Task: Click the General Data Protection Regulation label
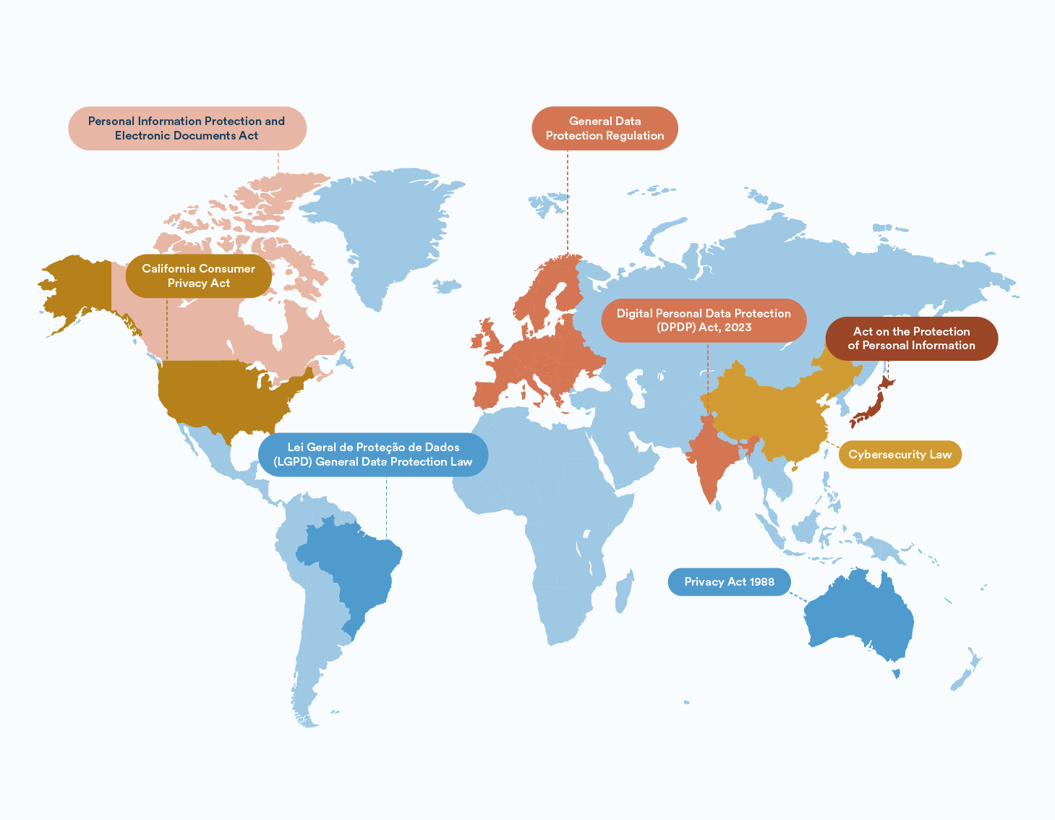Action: [605, 129]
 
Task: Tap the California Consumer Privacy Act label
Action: [199, 276]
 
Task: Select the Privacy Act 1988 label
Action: [729, 582]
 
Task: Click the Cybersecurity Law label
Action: [900, 455]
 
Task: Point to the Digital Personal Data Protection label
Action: [704, 320]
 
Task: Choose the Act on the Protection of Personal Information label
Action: [911, 338]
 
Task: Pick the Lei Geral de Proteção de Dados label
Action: [372, 455]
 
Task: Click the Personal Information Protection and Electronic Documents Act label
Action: [187, 129]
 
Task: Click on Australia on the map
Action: [860, 622]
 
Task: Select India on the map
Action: [712, 456]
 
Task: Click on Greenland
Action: [383, 224]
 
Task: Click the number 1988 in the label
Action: [761, 582]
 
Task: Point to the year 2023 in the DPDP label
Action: [738, 328]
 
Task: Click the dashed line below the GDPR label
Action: [568, 202]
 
